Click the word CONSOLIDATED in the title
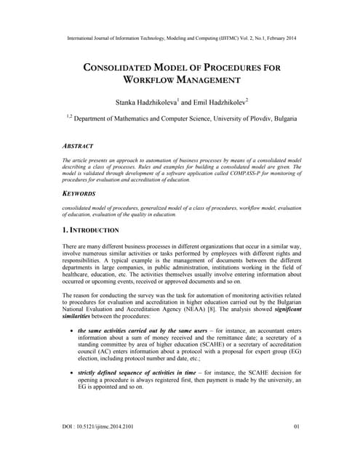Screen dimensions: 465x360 (x=124, y=67)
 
